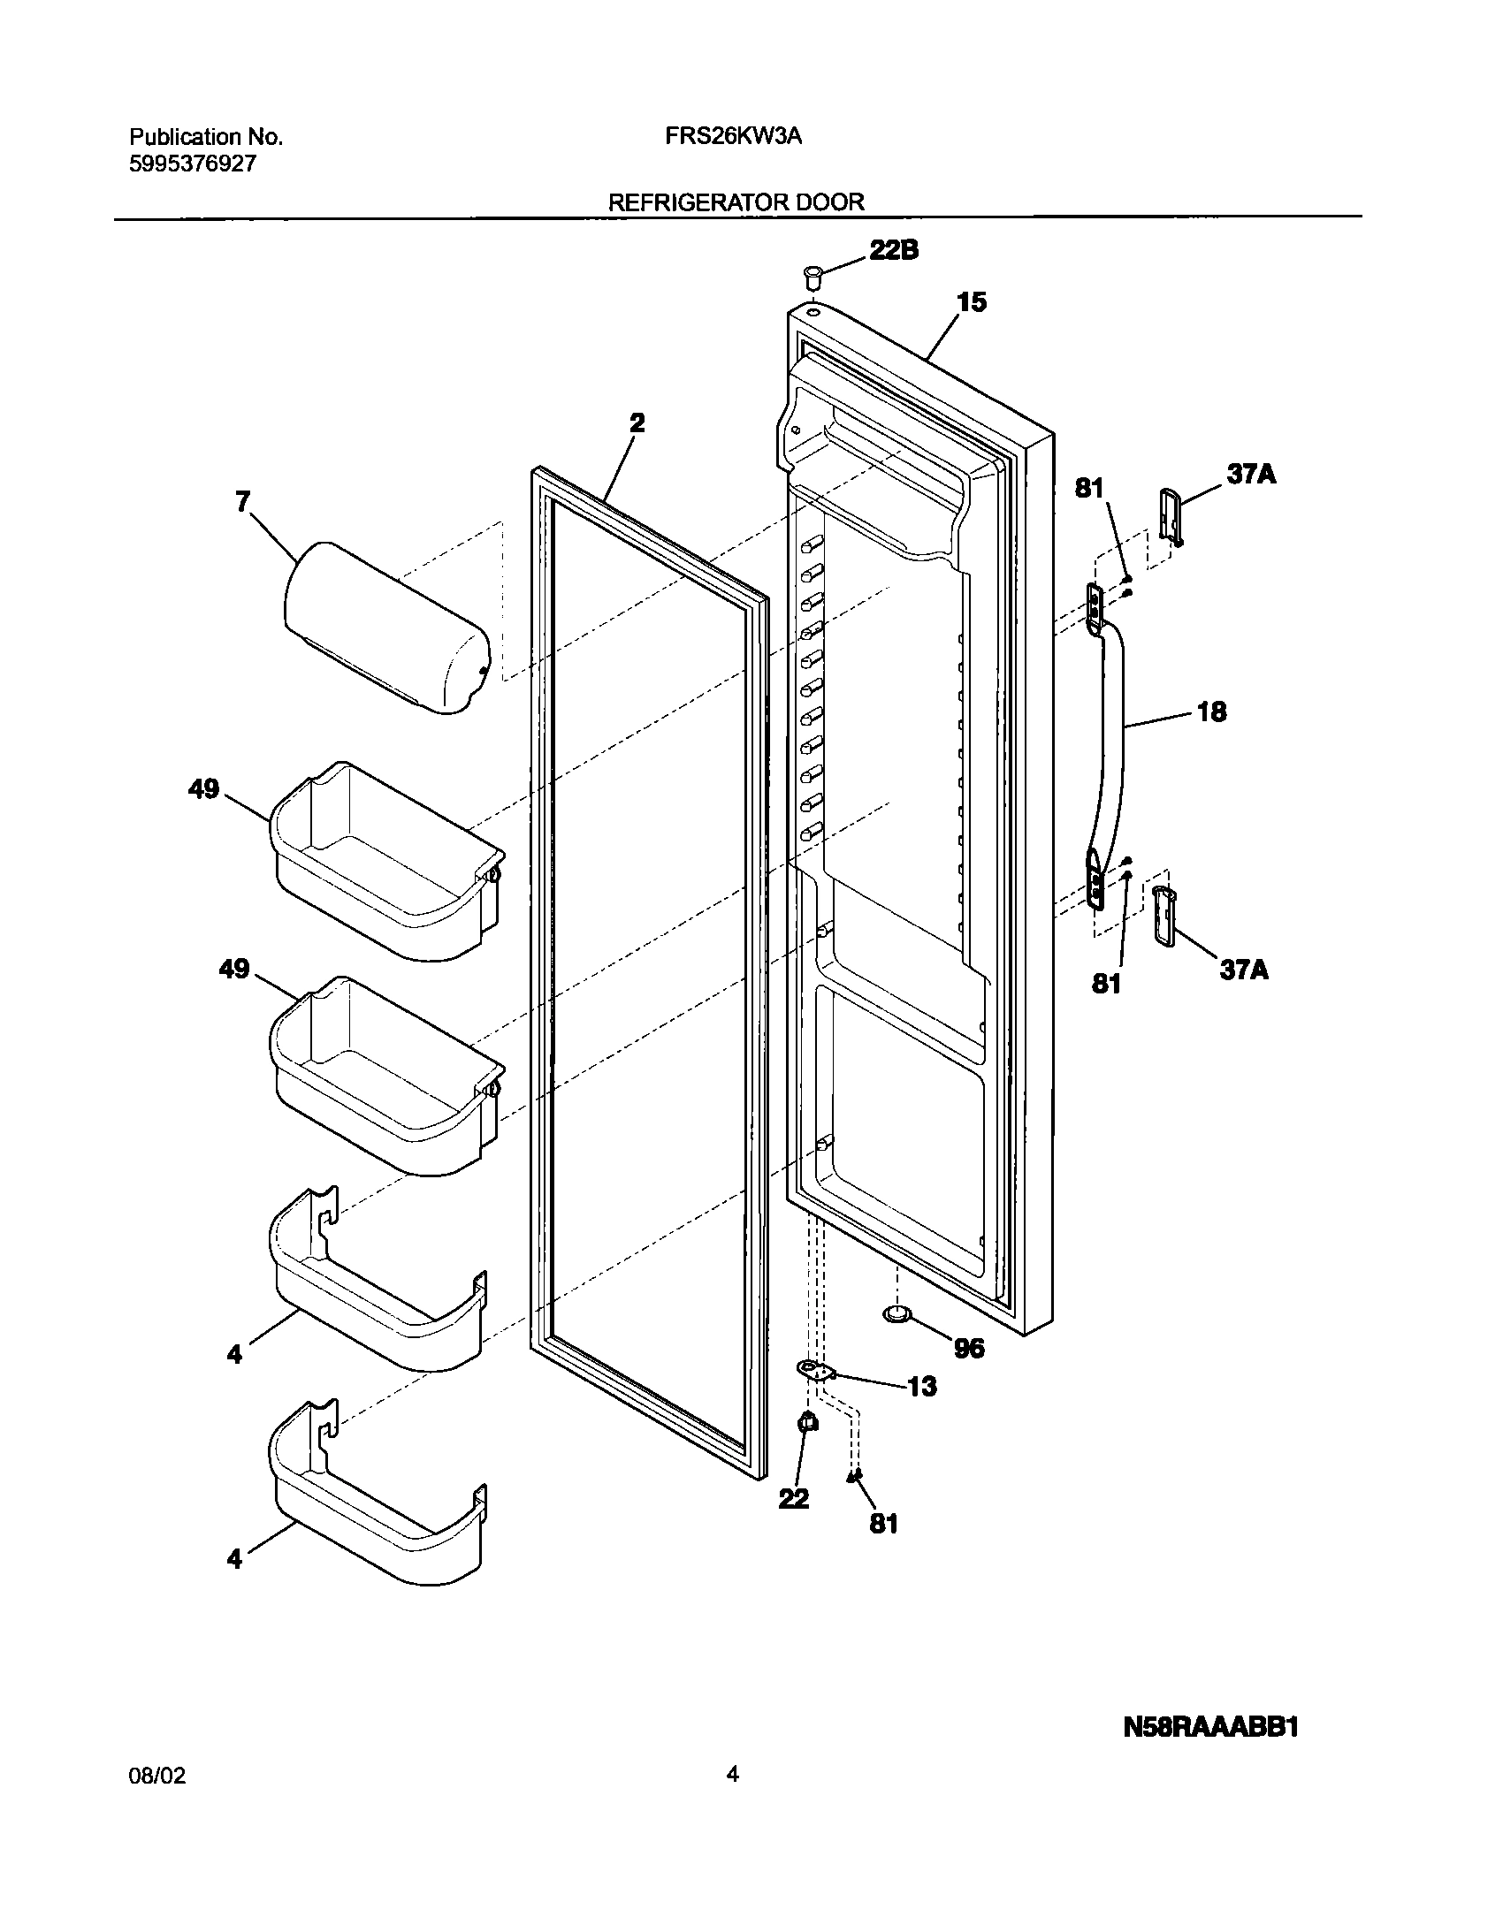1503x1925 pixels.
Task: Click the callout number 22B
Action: (894, 250)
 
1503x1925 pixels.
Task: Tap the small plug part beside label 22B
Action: (813, 276)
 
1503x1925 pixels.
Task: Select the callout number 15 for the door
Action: (971, 302)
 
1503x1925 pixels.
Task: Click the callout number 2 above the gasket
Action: (637, 423)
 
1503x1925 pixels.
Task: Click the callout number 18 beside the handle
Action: (1211, 711)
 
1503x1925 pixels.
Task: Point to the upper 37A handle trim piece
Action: (1170, 514)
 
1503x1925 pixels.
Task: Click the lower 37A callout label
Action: (1244, 970)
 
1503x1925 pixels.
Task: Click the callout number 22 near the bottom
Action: (794, 1498)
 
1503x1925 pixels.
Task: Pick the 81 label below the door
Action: (883, 1523)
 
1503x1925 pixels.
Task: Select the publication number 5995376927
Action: (192, 164)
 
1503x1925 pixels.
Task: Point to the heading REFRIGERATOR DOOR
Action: (736, 202)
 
